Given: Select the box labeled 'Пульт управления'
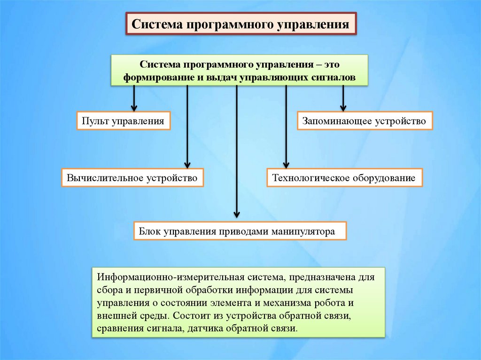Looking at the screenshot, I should click(x=123, y=121).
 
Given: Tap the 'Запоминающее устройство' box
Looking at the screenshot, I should click(x=365, y=121).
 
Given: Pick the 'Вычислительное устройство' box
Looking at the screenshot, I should click(x=132, y=178).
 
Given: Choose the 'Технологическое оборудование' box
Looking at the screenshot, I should click(x=345, y=178).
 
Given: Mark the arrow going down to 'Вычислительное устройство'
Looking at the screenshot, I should click(x=187, y=127).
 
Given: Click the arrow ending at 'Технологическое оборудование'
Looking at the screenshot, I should click(x=285, y=127).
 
